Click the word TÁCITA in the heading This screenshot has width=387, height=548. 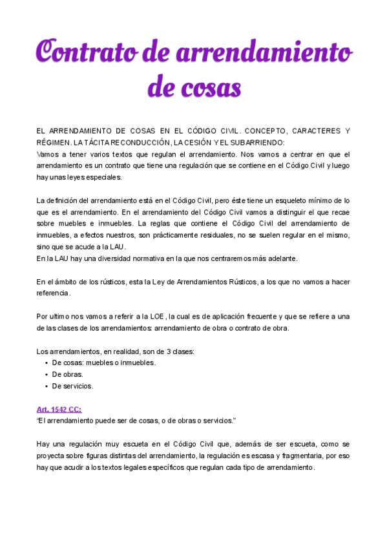click(96, 142)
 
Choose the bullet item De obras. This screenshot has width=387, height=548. click(68, 374)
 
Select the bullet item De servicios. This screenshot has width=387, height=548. click(72, 386)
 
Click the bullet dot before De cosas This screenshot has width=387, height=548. click(47, 363)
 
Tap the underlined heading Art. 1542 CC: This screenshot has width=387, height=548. click(59, 409)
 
